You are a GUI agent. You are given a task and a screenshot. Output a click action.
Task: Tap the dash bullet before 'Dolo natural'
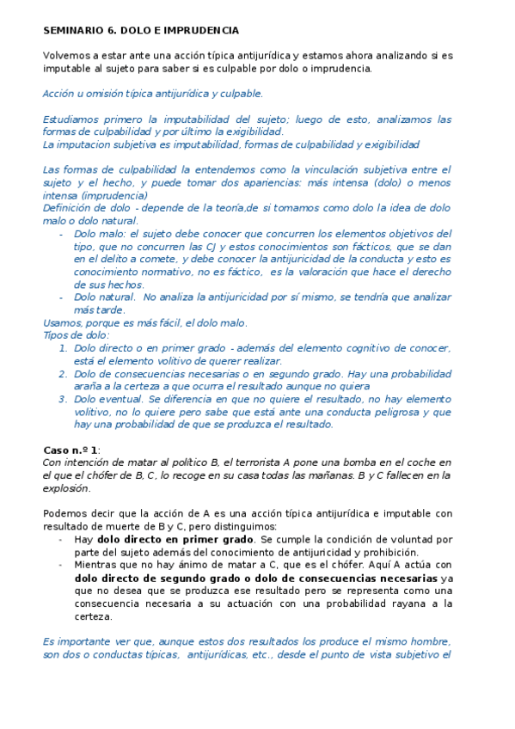point(60,297)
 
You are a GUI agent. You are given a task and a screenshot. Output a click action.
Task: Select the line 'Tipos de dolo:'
point(76,335)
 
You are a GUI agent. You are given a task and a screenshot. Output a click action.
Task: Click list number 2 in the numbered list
point(62,374)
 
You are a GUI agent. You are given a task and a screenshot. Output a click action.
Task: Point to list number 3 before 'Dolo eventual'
point(62,399)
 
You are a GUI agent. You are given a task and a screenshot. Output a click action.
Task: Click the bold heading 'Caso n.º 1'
point(71,450)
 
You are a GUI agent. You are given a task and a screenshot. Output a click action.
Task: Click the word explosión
point(64,488)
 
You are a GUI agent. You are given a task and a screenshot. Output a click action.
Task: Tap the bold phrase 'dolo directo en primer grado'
point(170,539)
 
